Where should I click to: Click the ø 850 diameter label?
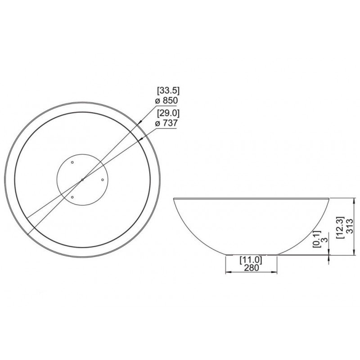point(166,100)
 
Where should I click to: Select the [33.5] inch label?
point(168,91)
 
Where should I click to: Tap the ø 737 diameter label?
point(166,123)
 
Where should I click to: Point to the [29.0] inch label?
point(168,113)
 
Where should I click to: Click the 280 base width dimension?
point(251,268)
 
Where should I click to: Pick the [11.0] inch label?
point(251,260)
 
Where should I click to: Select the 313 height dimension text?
point(349,226)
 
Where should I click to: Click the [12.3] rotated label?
point(340,227)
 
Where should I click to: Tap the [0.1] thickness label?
point(317,239)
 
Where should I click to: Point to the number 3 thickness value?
point(324,240)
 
